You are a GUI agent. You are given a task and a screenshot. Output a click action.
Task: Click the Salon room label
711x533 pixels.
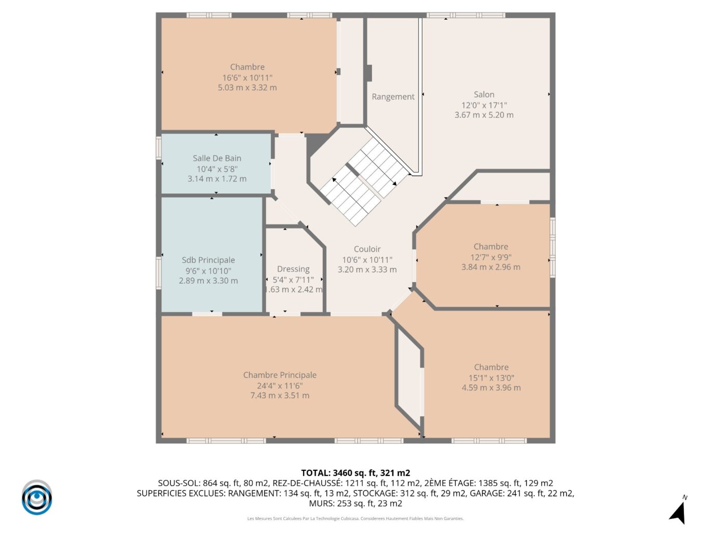click(x=484, y=94)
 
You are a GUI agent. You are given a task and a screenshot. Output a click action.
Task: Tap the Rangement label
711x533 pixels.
click(x=393, y=96)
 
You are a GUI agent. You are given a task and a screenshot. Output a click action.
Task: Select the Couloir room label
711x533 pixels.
click(x=367, y=249)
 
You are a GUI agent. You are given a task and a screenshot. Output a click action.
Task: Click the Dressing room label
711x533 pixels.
click(x=293, y=269)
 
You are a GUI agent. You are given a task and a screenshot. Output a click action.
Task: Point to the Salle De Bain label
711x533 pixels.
click(x=217, y=158)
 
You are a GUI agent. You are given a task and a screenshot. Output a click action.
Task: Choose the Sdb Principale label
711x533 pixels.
click(x=208, y=260)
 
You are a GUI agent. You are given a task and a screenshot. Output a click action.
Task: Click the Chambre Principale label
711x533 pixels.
click(x=280, y=375)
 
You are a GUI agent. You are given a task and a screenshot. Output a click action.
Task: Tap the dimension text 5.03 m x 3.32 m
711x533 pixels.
click(x=247, y=88)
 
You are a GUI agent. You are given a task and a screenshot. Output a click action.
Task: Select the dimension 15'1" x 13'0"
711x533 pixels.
click(x=491, y=378)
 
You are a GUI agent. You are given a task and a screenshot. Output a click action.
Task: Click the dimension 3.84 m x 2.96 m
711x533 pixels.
click(x=490, y=267)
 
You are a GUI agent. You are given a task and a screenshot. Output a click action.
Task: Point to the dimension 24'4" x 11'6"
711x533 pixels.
click(x=280, y=386)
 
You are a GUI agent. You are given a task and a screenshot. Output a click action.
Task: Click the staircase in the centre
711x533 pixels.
click(x=363, y=181)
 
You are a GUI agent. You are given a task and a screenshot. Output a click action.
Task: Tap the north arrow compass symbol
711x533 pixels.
click(x=678, y=511)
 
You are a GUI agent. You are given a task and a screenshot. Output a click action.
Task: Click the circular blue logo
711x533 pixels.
click(x=37, y=498)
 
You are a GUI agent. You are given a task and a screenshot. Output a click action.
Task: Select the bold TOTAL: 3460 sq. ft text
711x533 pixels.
click(x=355, y=473)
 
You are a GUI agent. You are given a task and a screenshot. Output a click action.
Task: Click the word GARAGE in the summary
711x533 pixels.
click(x=486, y=493)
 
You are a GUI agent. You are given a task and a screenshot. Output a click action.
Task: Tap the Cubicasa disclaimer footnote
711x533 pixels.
click(x=355, y=518)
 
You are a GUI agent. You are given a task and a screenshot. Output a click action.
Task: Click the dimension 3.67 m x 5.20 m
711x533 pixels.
click(x=484, y=115)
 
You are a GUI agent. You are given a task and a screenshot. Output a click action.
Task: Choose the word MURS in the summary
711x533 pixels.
click(x=322, y=503)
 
